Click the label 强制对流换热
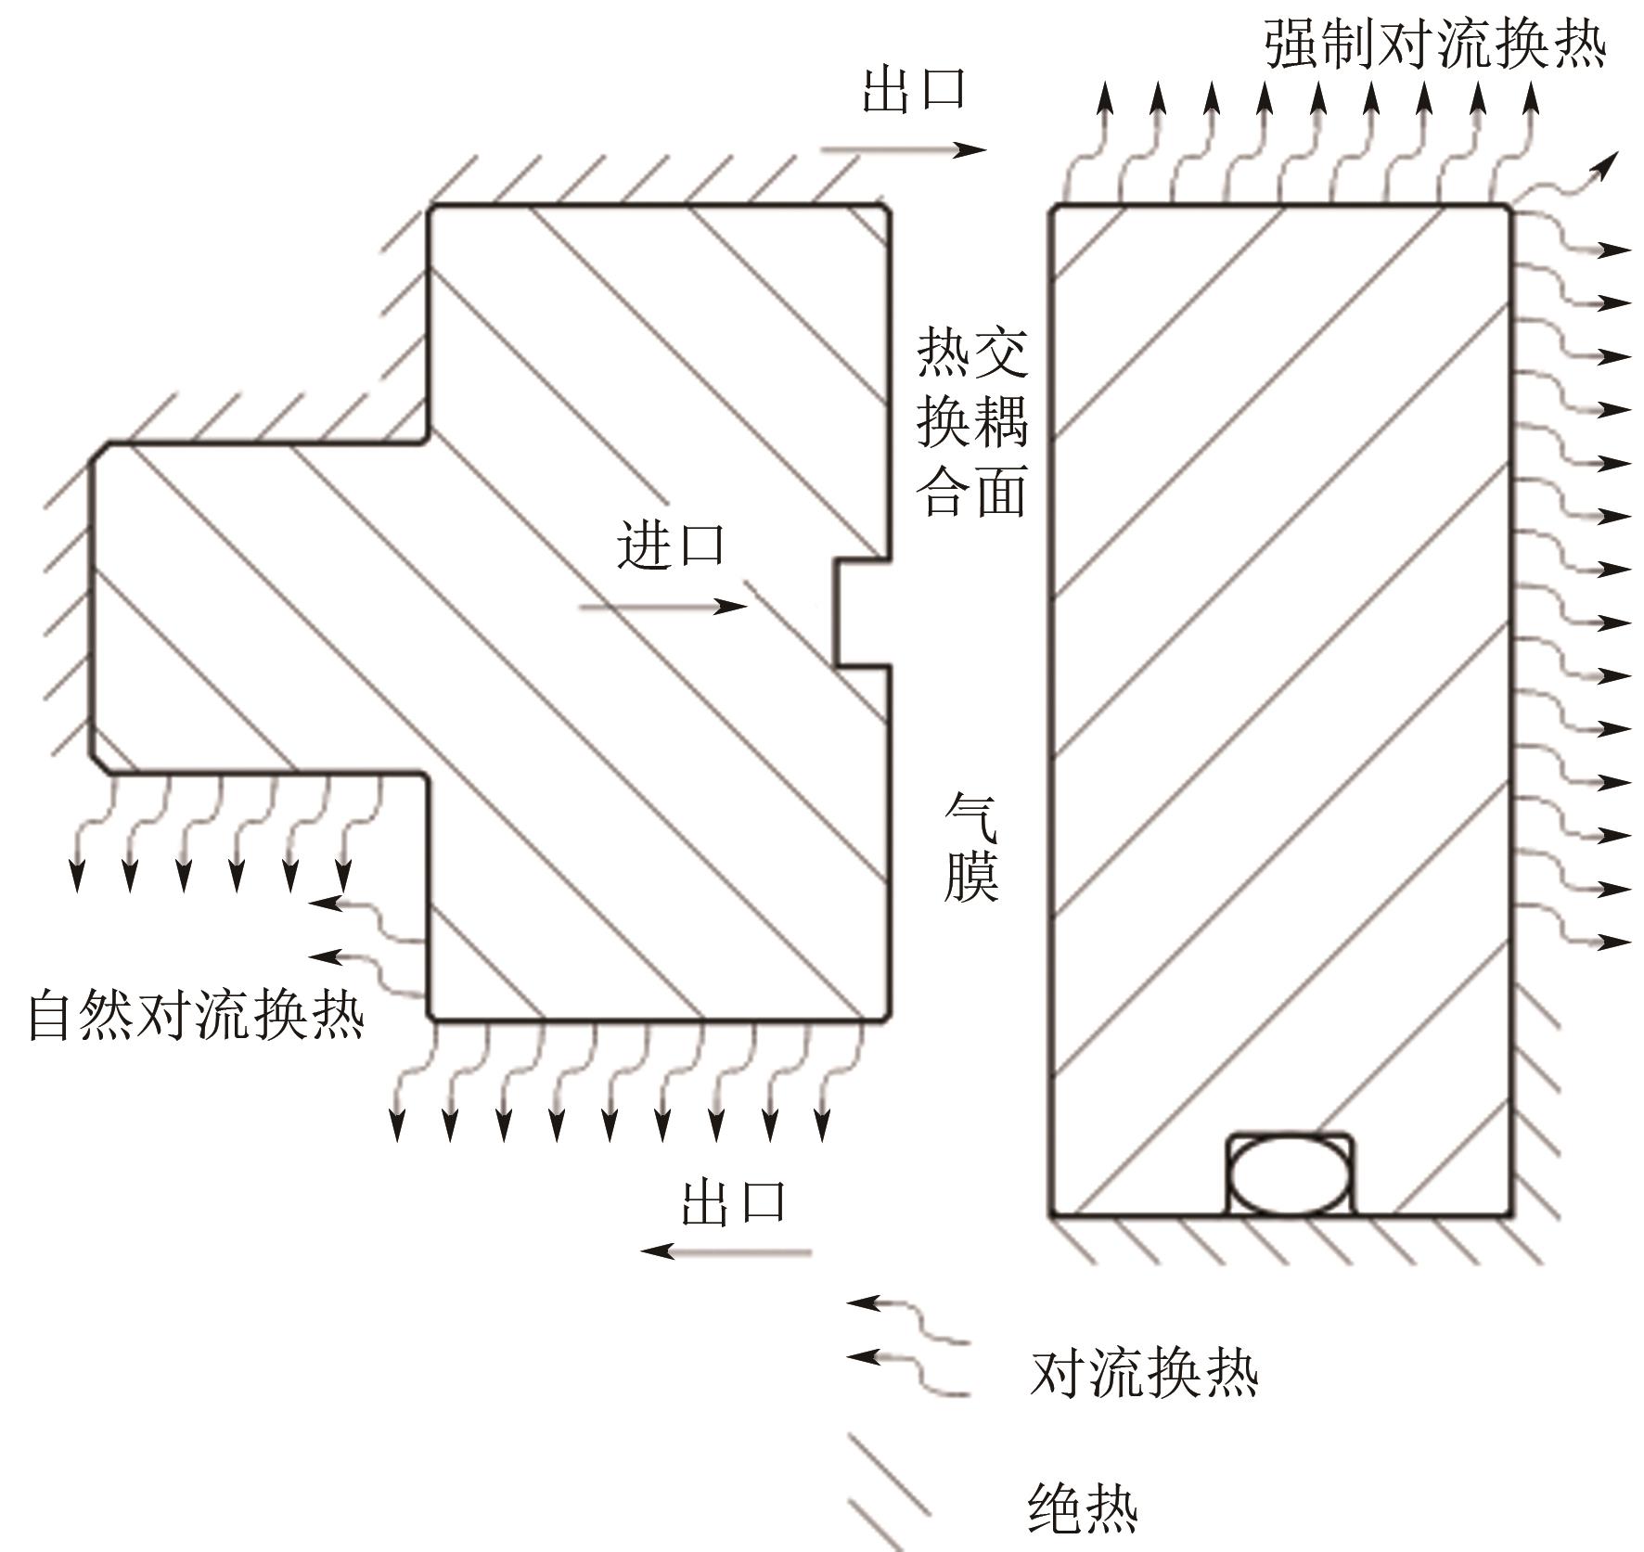pos(1434,43)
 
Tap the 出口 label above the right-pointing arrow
pos(915,89)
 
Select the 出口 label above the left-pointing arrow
pos(734,1202)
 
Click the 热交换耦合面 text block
pos(972,421)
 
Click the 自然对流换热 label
pos(196,1014)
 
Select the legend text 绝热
pos(1084,1509)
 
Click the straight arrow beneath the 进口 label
pos(662,608)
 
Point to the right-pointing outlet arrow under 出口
pos(903,148)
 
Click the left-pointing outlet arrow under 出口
pos(726,1251)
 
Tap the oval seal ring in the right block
pos(1290,1174)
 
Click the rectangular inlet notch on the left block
pos(861,612)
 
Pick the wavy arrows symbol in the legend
pos(908,1345)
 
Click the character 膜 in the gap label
pos(971,875)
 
